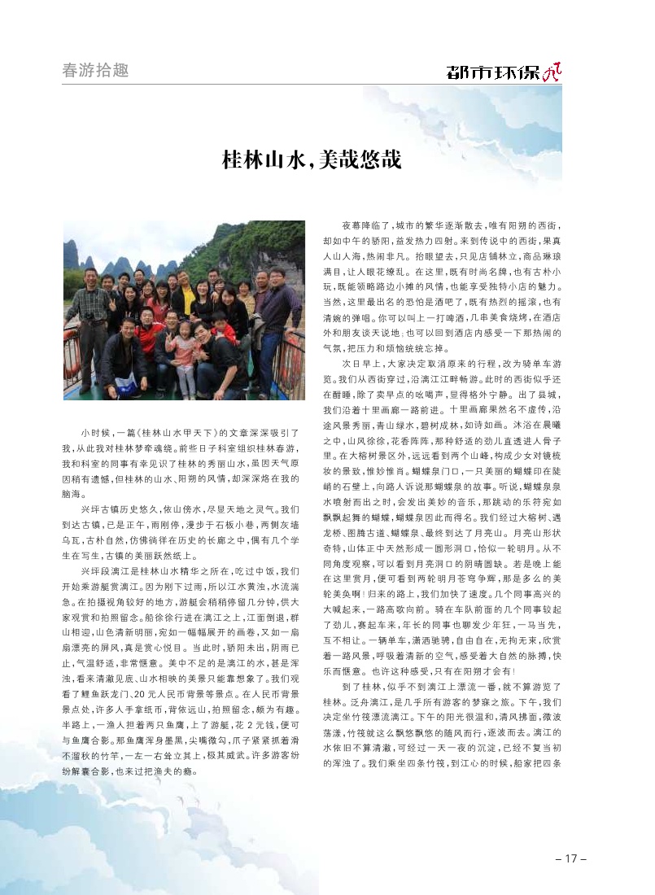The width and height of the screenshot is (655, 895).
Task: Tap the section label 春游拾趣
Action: tap(95, 70)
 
